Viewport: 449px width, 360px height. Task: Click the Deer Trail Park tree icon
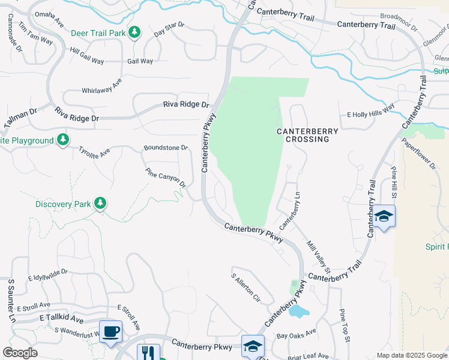point(135,32)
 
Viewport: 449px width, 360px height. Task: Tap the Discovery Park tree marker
point(101,203)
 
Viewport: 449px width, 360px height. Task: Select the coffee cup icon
point(110,331)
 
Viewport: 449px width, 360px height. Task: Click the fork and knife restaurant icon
point(148,353)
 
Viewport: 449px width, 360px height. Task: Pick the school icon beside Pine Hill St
point(384,217)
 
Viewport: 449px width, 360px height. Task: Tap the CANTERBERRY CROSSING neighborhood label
point(307,135)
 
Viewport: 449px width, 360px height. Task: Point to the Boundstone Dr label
point(166,148)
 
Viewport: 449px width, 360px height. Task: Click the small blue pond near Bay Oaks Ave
point(297,311)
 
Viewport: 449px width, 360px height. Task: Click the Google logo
point(20,353)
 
